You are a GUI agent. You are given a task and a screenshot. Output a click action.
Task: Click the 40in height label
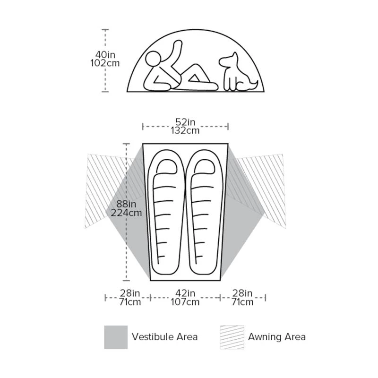point(105,55)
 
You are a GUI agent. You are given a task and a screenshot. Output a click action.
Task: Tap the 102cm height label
point(105,63)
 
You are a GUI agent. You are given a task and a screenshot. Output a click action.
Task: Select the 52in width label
point(185,122)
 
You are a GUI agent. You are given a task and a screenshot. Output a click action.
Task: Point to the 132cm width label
point(185,130)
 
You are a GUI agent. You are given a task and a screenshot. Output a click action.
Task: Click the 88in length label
point(126,204)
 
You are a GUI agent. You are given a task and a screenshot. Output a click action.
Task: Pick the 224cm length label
point(126,213)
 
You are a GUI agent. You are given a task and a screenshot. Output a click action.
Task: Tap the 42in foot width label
point(185,293)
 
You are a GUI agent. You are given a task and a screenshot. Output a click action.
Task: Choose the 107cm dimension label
point(185,302)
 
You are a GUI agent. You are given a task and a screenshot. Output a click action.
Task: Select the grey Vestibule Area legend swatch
point(116,337)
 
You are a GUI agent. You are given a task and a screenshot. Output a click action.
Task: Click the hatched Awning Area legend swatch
point(232,337)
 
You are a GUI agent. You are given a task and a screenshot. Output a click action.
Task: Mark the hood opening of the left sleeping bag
point(166,166)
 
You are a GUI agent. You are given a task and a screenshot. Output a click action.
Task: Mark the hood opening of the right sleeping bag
point(204,166)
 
